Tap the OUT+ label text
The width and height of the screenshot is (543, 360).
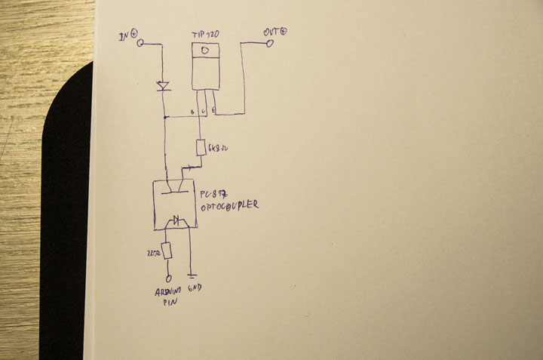275,32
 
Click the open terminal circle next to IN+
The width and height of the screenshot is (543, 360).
140,44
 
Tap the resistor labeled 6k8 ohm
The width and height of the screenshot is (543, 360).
201,147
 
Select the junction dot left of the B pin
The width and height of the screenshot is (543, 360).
164,117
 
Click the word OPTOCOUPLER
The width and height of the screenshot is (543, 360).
229,205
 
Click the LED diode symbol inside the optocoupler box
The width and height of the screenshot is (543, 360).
179,221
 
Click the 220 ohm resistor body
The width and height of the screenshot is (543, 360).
167,250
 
